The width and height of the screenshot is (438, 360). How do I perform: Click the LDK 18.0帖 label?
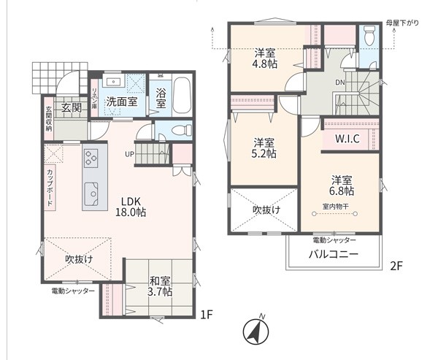[x=131, y=207]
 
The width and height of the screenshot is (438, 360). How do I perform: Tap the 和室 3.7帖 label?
[x=160, y=286]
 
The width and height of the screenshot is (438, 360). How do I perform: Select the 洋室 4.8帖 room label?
[x=265, y=58]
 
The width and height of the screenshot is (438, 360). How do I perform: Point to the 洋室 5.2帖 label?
[x=264, y=148]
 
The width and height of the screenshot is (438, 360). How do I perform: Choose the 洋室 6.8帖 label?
[x=342, y=185]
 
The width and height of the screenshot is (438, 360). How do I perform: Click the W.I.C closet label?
[x=347, y=139]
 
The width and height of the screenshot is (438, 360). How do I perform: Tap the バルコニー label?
[x=334, y=254]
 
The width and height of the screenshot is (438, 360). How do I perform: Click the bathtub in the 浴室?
[x=182, y=96]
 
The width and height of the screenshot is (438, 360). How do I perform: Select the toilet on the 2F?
[x=369, y=35]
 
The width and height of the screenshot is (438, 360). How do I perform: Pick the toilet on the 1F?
[x=180, y=130]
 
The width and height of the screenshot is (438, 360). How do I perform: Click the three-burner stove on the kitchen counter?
[x=91, y=158]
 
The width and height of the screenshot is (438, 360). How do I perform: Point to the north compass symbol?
[x=256, y=332]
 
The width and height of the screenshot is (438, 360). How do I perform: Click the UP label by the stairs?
[x=130, y=154]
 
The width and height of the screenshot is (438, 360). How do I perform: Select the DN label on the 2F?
[x=340, y=83]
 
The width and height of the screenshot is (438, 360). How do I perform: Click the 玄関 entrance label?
[x=72, y=107]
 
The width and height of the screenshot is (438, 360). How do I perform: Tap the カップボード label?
[x=50, y=188]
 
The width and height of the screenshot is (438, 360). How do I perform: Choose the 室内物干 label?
[x=336, y=206]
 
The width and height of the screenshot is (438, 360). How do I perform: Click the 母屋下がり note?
[x=402, y=23]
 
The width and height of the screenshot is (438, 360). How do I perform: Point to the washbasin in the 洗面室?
[x=114, y=81]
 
